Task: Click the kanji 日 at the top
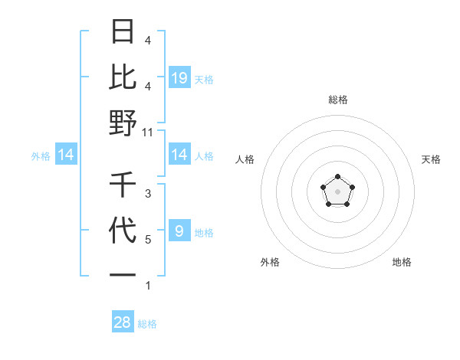coord(123,33)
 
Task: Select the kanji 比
coord(123,77)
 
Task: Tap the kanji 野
coord(123,123)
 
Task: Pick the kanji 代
coord(123,231)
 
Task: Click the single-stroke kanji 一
coord(123,274)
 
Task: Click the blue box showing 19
coord(179,78)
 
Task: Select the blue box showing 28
coord(123,322)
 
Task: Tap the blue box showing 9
coord(179,231)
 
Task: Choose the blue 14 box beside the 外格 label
coord(66,155)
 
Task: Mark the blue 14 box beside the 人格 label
coord(179,155)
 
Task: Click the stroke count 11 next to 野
coord(148,132)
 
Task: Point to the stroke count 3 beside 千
coord(147,194)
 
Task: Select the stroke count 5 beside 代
coord(147,240)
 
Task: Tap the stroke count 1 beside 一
coord(147,286)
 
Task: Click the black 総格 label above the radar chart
coord(337,100)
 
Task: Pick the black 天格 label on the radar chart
coord(431,159)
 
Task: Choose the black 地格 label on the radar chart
coord(402,262)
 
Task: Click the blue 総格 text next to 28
coord(147,324)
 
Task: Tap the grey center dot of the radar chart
coord(337,191)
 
